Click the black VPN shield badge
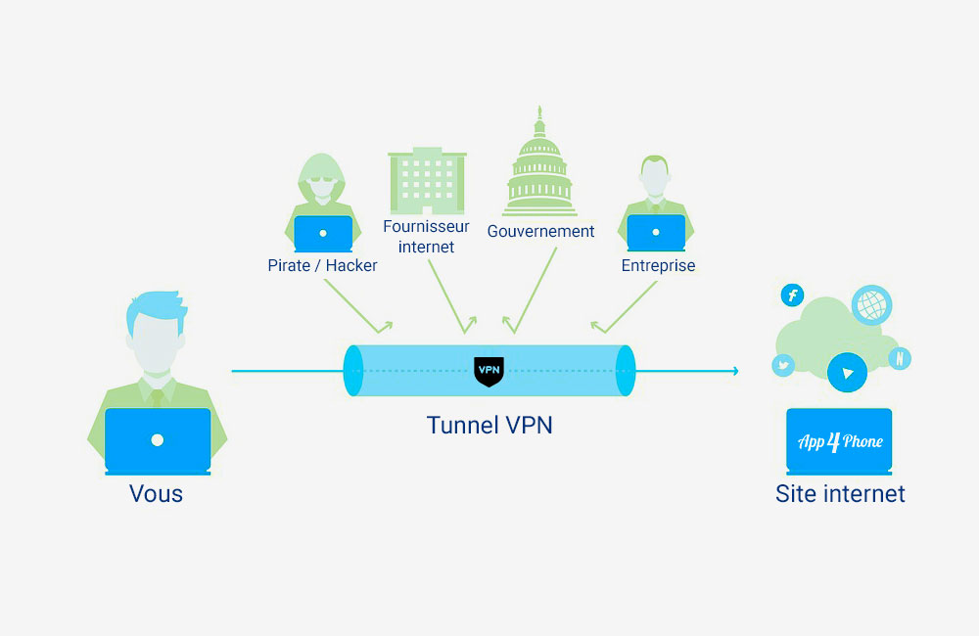[489, 371]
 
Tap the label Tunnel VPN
[489, 426]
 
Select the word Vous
[157, 493]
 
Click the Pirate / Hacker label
[322, 265]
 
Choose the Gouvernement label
[540, 232]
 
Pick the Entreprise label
[658, 265]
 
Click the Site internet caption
[840, 493]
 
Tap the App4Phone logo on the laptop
[840, 441]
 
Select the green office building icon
[426, 181]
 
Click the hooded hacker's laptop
[323, 234]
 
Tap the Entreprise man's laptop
[656, 232]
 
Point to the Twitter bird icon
[783, 366]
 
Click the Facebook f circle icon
[792, 295]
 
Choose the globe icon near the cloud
[871, 305]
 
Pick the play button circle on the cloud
[847, 373]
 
